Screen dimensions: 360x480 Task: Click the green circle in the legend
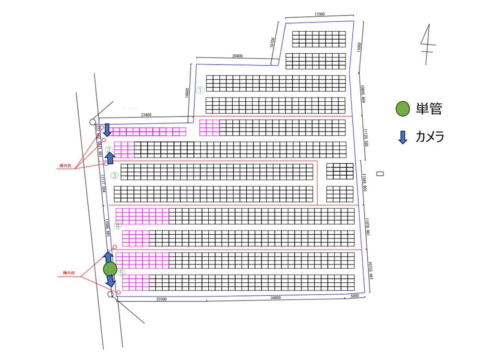[x=402, y=109]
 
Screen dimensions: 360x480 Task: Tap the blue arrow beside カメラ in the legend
[x=403, y=137]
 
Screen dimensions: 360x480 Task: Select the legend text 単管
[x=429, y=109]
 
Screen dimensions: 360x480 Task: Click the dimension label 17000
[x=320, y=14]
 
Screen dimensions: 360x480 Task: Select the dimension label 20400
[x=237, y=56]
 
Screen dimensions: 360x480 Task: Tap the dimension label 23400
[x=146, y=115]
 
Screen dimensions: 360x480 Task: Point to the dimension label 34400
[x=276, y=299]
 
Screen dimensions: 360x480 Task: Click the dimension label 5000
[x=355, y=296]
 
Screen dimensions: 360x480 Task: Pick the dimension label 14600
[x=187, y=93]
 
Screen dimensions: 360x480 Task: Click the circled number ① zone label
[x=201, y=90]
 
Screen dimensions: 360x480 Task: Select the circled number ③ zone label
[x=114, y=175]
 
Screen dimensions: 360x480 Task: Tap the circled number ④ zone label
[x=118, y=226]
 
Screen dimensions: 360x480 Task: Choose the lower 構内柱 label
[x=70, y=273]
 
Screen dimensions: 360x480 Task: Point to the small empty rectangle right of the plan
[x=381, y=174]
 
